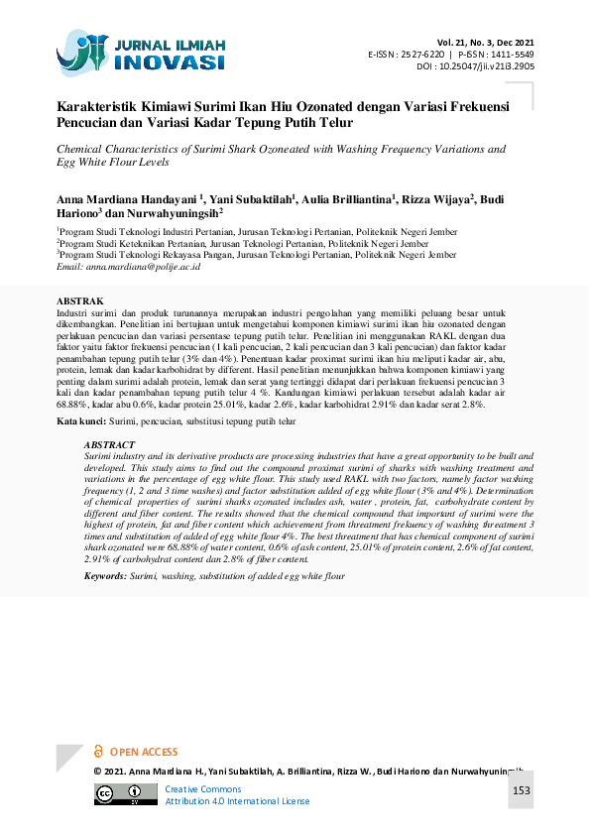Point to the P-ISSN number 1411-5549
coord(513,55)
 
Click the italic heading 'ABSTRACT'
coord(110,446)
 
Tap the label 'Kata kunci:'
coord(80,421)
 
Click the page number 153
coord(522,790)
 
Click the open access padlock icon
coord(97,752)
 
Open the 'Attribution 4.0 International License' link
coord(237,801)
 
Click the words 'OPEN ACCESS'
coord(144,753)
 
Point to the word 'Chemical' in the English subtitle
coord(81,150)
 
